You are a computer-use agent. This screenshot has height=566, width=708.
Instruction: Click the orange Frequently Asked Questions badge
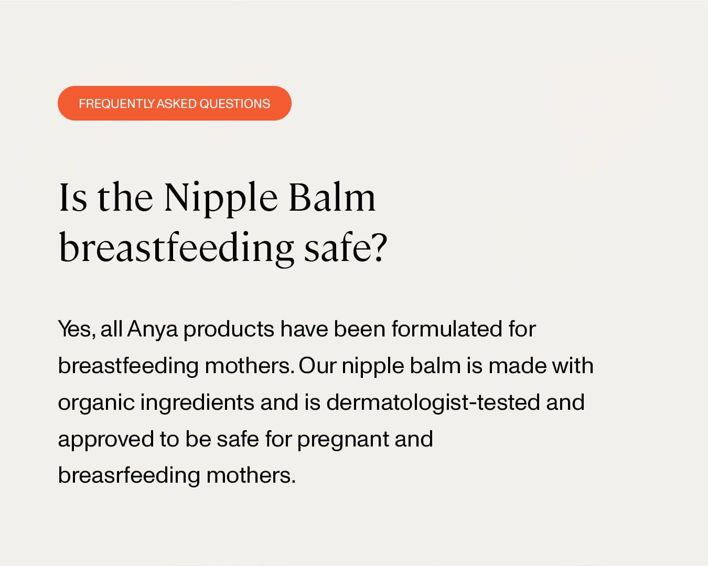click(174, 103)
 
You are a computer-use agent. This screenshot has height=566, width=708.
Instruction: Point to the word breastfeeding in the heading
click(176, 247)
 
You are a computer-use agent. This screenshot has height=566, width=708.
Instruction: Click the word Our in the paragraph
click(317, 366)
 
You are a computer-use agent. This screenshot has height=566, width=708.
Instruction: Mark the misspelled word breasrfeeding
click(128, 475)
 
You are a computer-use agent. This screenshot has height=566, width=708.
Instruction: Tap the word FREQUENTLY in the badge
click(117, 104)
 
